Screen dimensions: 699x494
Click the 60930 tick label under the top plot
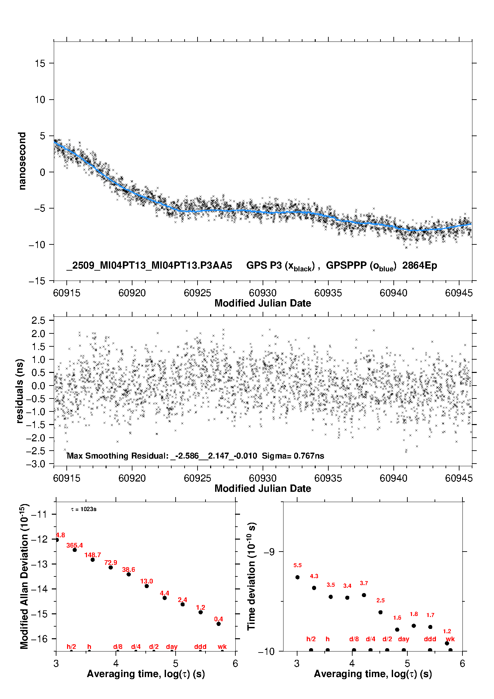[263, 293]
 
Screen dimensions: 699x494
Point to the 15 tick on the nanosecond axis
[40, 63]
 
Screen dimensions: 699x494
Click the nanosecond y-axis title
[22, 161]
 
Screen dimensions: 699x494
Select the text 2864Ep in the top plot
[420, 266]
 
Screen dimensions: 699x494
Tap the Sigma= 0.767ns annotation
[293, 456]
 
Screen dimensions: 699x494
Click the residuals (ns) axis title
[20, 391]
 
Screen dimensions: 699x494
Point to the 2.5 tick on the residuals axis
[38, 320]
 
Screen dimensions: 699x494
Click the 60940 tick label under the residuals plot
[393, 478]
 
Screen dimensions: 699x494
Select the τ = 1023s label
[84, 509]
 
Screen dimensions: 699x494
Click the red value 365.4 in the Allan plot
[75, 545]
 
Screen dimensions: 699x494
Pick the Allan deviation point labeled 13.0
[147, 586]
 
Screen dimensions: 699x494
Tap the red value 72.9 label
[111, 563]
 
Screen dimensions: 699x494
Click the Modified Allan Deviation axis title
[24, 576]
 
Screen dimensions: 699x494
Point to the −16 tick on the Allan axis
[39, 639]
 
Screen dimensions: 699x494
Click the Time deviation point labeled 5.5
[297, 577]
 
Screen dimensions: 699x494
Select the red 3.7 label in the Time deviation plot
[364, 583]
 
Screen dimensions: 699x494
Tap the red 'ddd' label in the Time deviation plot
[430, 639]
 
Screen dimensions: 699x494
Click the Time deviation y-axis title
[251, 576]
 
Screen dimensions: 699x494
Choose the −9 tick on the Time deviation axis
[269, 552]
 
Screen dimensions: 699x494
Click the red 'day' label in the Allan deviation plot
[172, 647]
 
